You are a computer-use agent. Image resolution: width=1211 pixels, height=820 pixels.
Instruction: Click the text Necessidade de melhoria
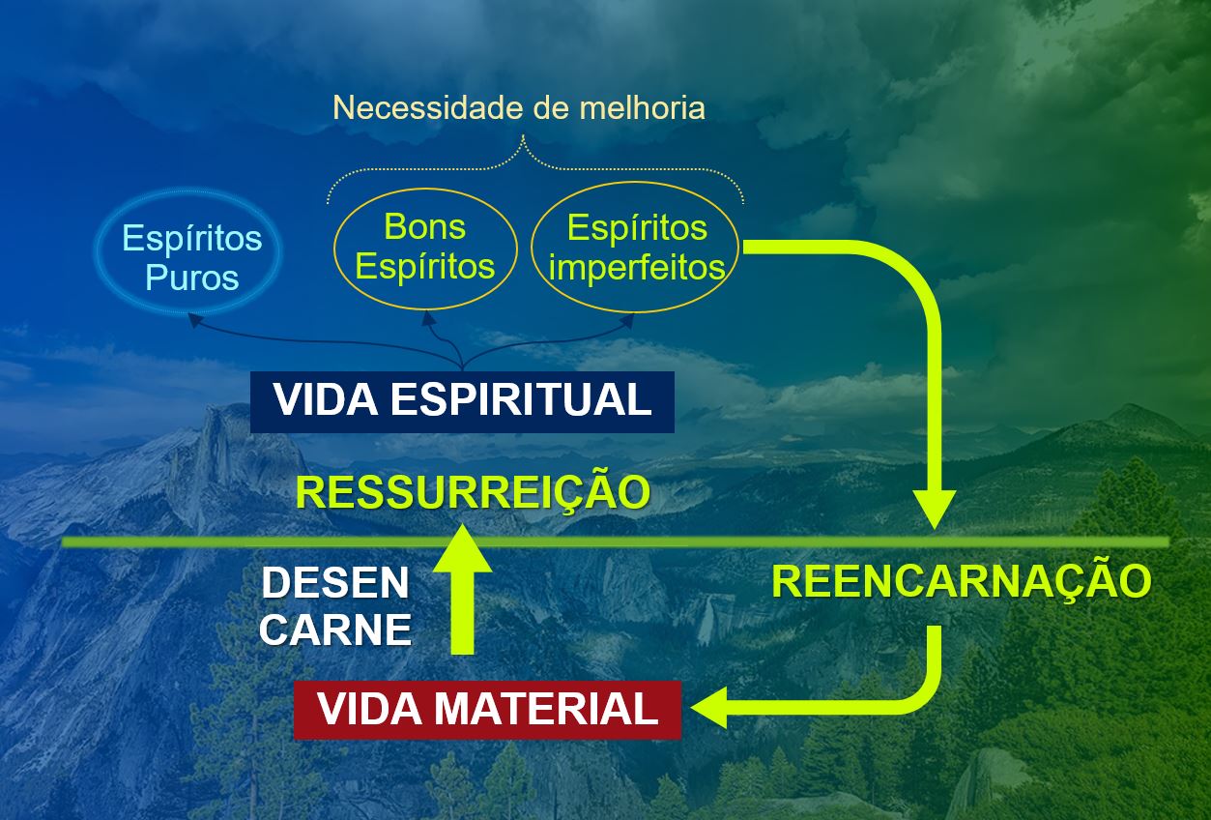[x=519, y=107]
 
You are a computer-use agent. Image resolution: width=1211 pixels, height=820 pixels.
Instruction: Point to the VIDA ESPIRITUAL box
[x=462, y=400]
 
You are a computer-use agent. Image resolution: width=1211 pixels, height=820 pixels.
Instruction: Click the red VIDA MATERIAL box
[x=487, y=710]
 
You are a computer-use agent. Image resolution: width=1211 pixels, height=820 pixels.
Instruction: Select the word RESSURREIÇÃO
[x=473, y=491]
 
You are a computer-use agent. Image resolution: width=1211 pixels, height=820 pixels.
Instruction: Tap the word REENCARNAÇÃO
[x=962, y=581]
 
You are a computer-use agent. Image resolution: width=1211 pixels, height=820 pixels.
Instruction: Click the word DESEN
[x=335, y=583]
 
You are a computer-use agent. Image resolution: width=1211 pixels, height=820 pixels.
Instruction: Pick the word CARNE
[x=335, y=630]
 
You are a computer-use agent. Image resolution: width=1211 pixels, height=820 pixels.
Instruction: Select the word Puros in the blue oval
[x=191, y=278]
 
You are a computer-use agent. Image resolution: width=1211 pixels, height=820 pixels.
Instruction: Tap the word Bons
[x=424, y=226]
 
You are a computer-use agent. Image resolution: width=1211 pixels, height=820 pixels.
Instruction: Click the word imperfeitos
[x=636, y=267]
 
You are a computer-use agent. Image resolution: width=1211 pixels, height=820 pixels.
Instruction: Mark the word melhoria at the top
[x=642, y=107]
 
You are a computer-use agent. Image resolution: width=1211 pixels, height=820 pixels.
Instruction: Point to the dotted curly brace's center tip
[x=524, y=141]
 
